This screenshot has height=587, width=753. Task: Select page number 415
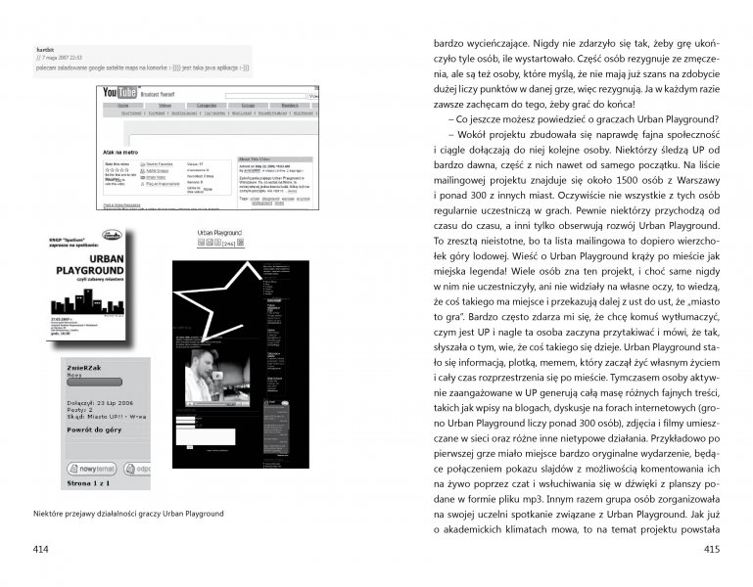tap(712, 549)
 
